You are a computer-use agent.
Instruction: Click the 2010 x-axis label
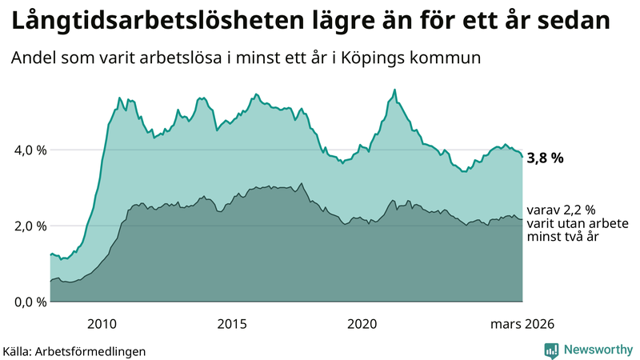pos(102,323)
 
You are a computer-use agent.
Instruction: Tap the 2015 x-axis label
pos(232,323)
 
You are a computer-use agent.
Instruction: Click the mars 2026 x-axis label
pos(522,323)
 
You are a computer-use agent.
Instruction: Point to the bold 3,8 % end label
pos(545,158)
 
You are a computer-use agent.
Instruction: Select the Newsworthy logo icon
pos(551,350)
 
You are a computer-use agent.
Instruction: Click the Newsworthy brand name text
pos(598,350)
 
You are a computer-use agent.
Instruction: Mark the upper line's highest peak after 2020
pos(394,90)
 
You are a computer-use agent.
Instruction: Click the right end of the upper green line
pos(522,157)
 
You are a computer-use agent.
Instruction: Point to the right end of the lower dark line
pos(522,219)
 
